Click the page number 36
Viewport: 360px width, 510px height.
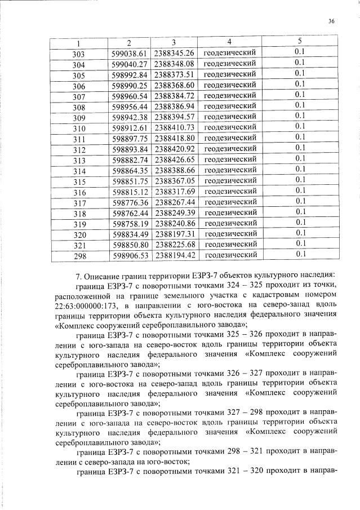click(x=331, y=21)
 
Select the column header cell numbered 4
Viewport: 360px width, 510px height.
click(x=229, y=42)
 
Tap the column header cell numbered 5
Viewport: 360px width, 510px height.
click(x=300, y=42)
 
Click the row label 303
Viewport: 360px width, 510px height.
click(x=79, y=53)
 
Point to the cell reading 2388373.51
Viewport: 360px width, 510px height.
click(x=174, y=74)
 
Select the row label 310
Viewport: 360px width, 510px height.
click(x=79, y=127)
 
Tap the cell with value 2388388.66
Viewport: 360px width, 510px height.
click(x=174, y=170)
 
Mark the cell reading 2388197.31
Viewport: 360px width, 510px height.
click(x=174, y=234)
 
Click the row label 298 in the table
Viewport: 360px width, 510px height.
click(x=79, y=255)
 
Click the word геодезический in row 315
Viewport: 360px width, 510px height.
click(x=230, y=181)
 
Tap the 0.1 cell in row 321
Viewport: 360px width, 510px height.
click(x=300, y=245)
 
